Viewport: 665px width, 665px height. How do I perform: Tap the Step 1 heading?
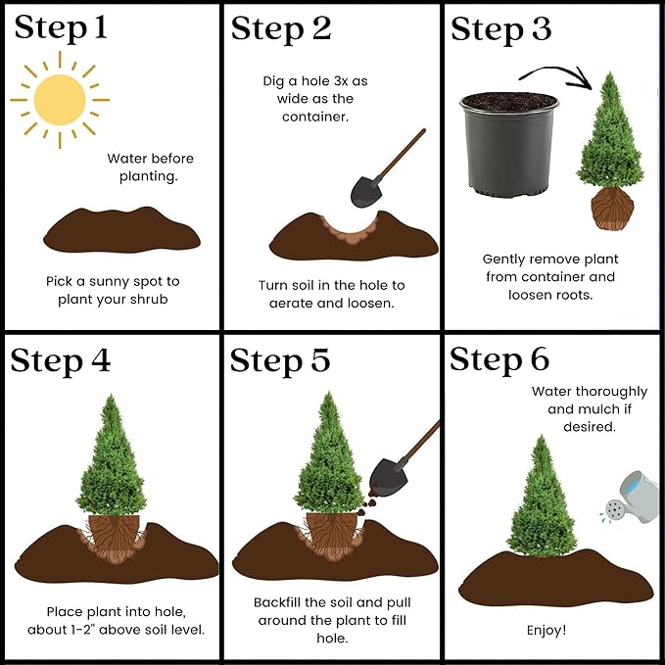pyautogui.click(x=62, y=28)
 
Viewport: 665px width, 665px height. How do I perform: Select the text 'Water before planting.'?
pyautogui.click(x=150, y=167)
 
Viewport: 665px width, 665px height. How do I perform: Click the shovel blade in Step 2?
pyautogui.click(x=367, y=188)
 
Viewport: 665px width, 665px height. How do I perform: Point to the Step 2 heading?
pyautogui.click(x=281, y=29)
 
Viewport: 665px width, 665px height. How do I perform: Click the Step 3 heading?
pyautogui.click(x=501, y=29)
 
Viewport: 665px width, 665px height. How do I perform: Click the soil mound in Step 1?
pyautogui.click(x=122, y=232)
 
